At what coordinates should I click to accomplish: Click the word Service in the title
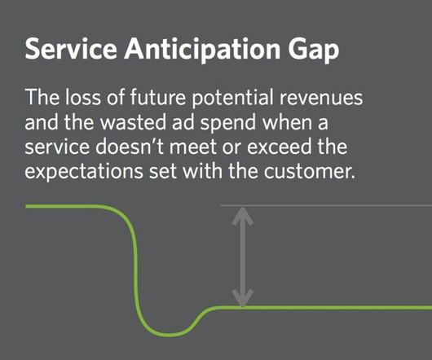(71, 49)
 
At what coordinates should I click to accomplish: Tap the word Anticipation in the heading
(202, 50)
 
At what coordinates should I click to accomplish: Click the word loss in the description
(83, 97)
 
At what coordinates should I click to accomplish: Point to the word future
(157, 97)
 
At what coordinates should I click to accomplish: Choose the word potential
(232, 99)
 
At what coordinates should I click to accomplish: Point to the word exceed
(280, 147)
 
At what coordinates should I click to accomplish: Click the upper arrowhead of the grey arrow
(242, 216)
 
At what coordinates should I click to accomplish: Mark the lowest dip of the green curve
(169, 335)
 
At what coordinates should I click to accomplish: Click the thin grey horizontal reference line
(326, 205)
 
